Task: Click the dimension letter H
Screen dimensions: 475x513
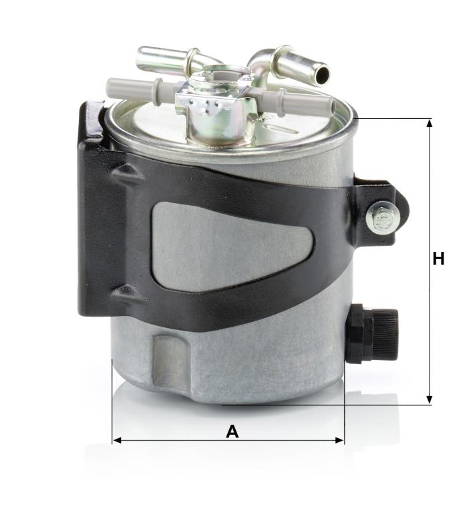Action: (x=438, y=259)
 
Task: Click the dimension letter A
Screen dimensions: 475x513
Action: (x=232, y=432)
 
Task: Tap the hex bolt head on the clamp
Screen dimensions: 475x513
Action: (x=382, y=217)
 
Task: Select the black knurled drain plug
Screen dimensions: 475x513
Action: (x=373, y=335)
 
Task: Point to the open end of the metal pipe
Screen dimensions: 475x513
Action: (x=322, y=73)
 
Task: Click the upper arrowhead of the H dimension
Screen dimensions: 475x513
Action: (x=430, y=123)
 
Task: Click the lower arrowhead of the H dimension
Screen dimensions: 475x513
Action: (x=430, y=399)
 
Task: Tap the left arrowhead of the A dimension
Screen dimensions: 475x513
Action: (x=117, y=440)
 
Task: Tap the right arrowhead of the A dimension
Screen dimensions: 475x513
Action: (x=339, y=440)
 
